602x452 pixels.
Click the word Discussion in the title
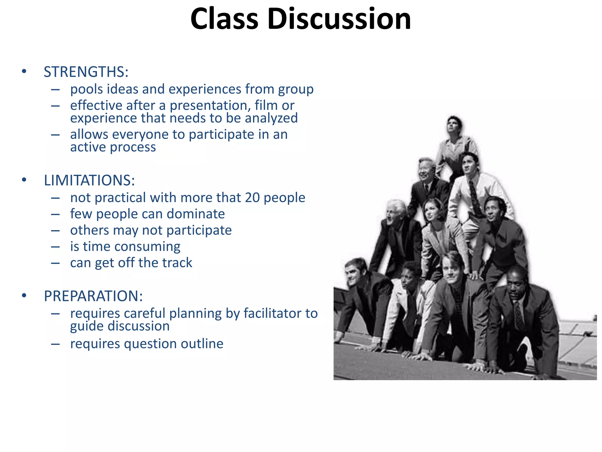tap(339, 19)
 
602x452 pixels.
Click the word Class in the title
tap(224, 19)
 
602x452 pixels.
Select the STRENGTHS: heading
tap(86, 72)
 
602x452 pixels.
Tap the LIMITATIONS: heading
tap(89, 180)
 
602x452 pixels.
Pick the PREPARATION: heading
tap(93, 296)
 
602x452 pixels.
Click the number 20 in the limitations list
tap(252, 197)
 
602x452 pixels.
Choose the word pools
tap(86, 89)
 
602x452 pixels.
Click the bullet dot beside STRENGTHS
tap(24, 72)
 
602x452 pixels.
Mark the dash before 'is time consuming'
tap(55, 247)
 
